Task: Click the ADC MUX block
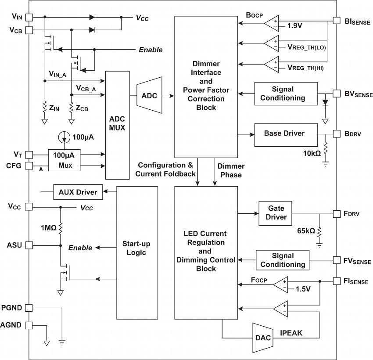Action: coord(118,125)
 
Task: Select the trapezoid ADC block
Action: coord(149,95)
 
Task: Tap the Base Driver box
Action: coord(286,135)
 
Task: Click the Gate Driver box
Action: coord(275,213)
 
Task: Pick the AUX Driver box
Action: coord(78,192)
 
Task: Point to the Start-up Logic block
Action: coord(137,253)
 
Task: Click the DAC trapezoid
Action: coord(263,338)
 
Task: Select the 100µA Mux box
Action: coord(64,160)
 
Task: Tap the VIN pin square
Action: coord(29,17)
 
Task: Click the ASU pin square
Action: coord(29,245)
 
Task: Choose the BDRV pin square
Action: coord(337,134)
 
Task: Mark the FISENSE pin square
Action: coord(337,281)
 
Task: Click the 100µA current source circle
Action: coord(64,137)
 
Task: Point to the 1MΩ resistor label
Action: coord(49,228)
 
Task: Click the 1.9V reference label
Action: coord(295,26)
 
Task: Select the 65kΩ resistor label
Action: coord(306,231)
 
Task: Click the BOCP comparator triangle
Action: coord(272,23)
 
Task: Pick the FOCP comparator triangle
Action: coord(280,284)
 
